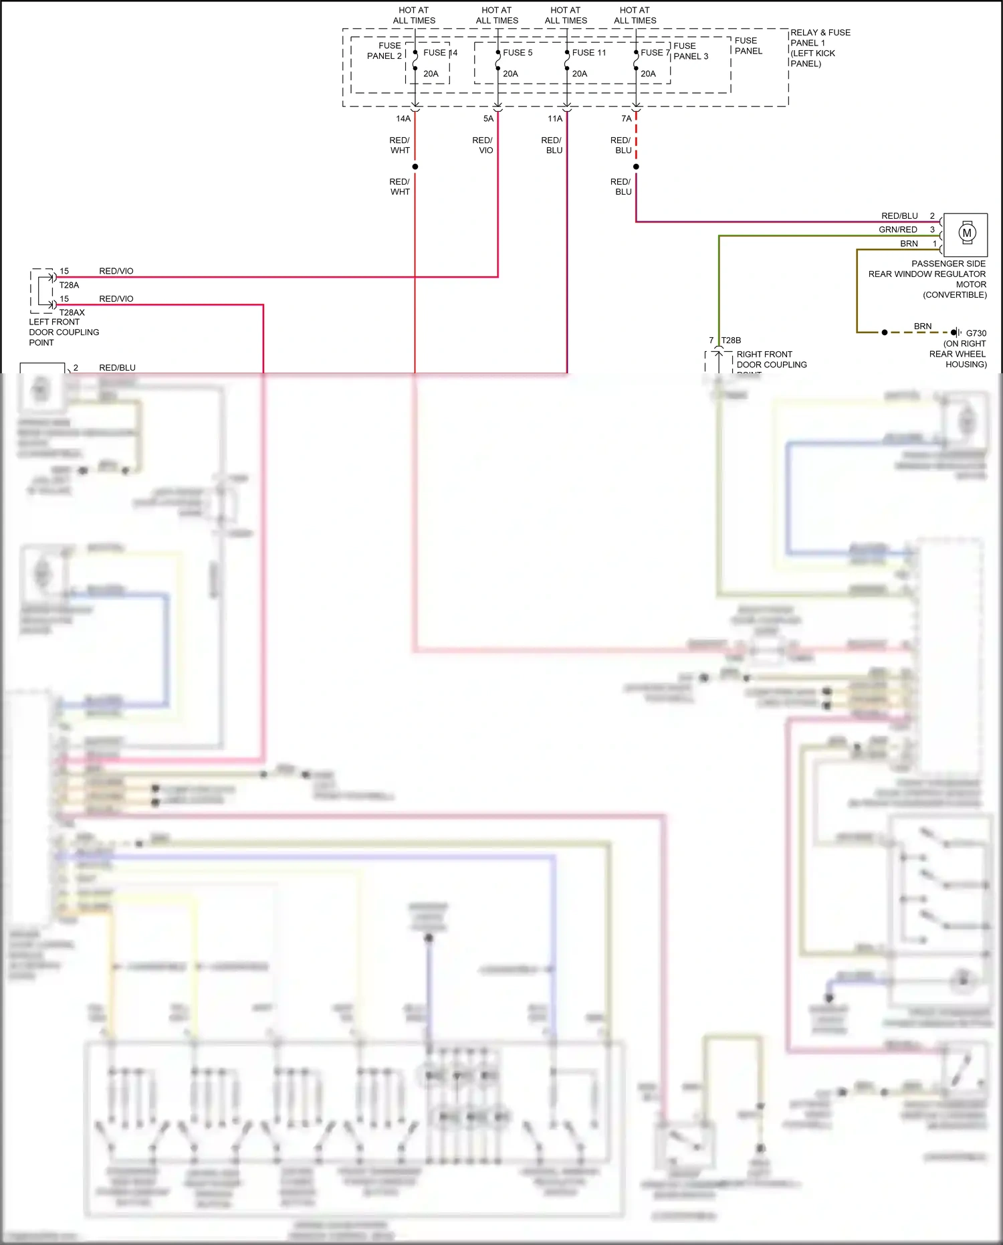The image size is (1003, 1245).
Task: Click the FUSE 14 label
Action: [x=440, y=52]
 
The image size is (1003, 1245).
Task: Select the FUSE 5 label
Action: [x=518, y=52]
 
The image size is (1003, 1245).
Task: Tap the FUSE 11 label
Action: [x=588, y=52]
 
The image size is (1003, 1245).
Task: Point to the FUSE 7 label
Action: [x=655, y=52]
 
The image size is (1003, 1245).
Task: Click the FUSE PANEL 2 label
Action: [x=384, y=51]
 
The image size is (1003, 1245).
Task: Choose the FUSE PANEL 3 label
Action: [x=690, y=51]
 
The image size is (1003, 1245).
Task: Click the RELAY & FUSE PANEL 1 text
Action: [x=820, y=47]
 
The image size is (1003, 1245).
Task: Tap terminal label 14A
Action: [x=403, y=118]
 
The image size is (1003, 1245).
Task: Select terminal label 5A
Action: [x=488, y=118]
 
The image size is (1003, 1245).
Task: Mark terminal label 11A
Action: [x=554, y=118]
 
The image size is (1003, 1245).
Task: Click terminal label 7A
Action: [x=626, y=118]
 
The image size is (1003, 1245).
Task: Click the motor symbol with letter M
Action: [x=966, y=233]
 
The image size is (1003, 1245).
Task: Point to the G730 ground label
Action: [x=976, y=332]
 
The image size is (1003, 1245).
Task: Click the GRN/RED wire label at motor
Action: [x=897, y=229]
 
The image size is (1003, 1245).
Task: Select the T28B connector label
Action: [x=731, y=340]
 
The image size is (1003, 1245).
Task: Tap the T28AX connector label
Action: [x=72, y=312]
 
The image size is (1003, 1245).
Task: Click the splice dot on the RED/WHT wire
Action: [x=415, y=167]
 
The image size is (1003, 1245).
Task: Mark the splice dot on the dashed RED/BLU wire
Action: [x=636, y=167]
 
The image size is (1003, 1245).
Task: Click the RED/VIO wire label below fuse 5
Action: [x=482, y=145]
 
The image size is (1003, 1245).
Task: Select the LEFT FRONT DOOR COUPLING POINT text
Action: [x=64, y=332]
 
